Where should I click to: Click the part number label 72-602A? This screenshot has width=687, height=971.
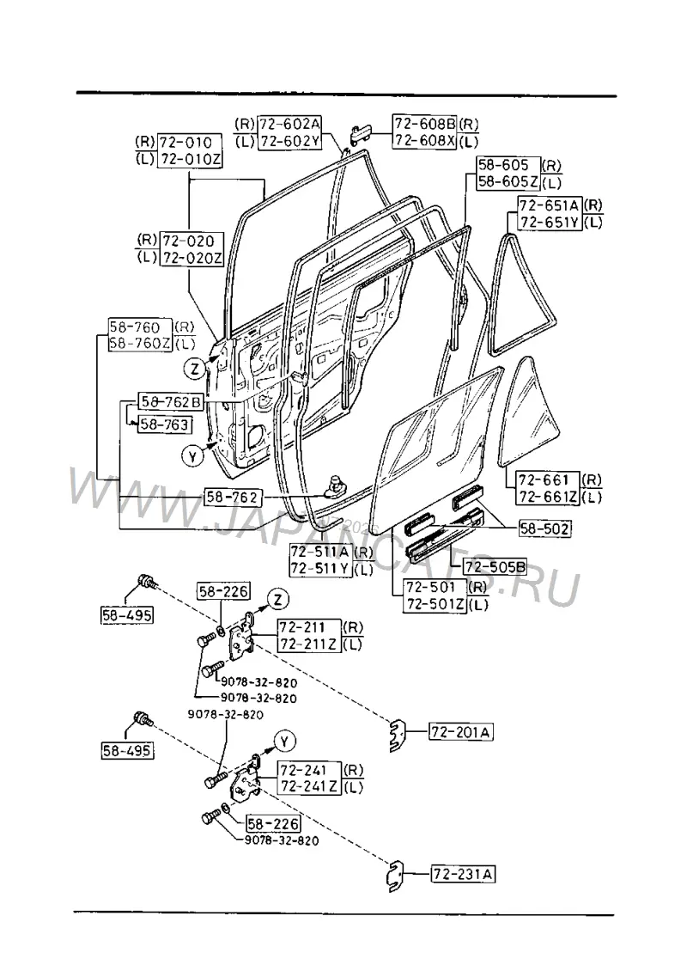click(289, 123)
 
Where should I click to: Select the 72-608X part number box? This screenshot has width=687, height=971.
click(424, 141)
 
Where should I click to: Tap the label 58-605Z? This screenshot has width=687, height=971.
click(508, 181)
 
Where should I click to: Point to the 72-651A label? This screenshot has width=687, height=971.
click(550, 205)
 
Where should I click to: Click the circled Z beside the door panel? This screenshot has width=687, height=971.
click(195, 369)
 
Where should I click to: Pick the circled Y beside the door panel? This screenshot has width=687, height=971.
click(193, 456)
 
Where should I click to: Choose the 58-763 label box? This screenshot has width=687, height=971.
click(164, 424)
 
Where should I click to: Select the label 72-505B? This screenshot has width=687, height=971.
click(495, 566)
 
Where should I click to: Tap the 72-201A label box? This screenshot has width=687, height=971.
click(462, 733)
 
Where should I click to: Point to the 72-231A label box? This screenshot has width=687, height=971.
click(464, 875)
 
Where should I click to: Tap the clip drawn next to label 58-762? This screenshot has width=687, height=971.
click(337, 486)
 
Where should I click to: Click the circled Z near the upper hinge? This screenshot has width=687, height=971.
click(278, 600)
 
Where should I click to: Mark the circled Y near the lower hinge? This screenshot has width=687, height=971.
click(285, 741)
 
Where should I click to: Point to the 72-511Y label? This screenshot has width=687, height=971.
click(320, 569)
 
